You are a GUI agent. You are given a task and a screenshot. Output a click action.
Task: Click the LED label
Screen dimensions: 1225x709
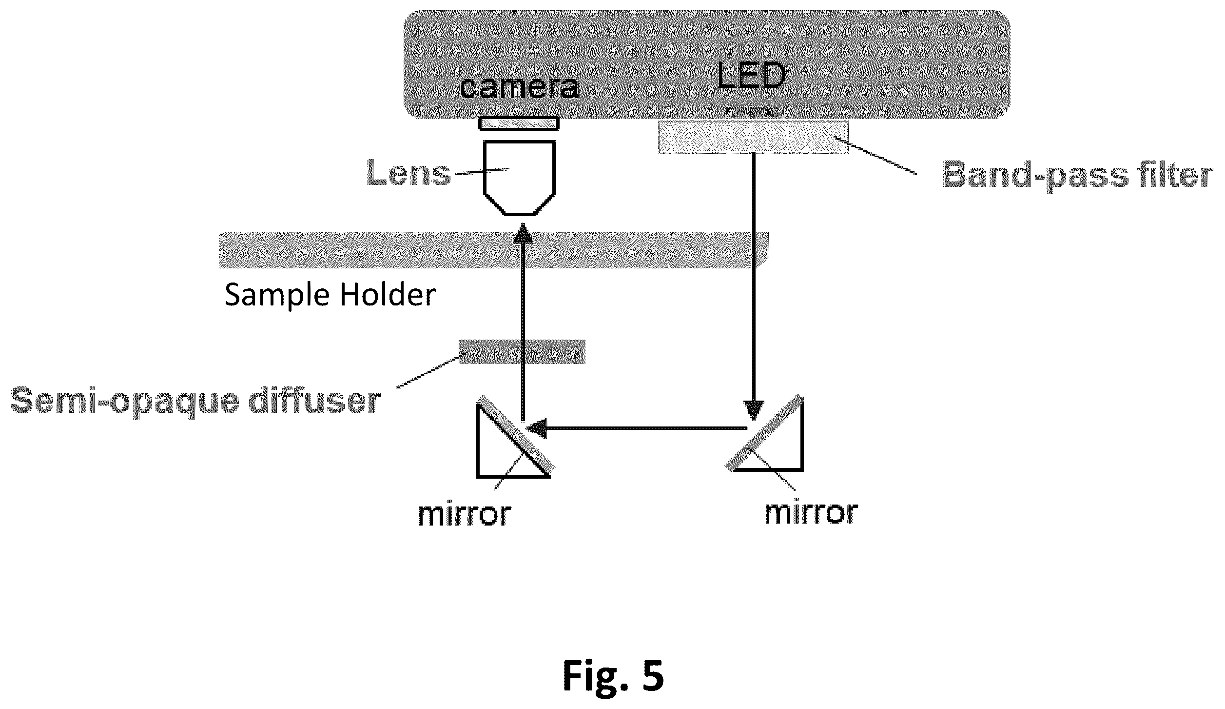751,76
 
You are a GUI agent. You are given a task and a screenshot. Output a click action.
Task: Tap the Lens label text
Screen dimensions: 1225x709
409,173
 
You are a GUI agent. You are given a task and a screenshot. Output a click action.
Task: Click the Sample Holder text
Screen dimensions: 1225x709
330,295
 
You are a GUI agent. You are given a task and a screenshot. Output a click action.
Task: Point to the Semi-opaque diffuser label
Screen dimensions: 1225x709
195,401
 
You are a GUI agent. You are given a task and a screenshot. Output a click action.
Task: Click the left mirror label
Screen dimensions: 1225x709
465,514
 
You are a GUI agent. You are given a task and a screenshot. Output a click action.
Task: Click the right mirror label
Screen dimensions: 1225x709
811,513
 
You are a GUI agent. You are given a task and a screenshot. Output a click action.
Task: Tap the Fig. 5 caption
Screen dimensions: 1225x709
613,676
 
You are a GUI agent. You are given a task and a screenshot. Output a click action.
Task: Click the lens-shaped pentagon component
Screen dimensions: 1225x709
520,178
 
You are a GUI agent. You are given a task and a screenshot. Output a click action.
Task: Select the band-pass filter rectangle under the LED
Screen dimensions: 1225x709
753,137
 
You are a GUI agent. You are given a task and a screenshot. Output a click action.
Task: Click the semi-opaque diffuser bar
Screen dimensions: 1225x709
522,352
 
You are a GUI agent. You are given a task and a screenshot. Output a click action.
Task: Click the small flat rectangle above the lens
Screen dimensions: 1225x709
519,123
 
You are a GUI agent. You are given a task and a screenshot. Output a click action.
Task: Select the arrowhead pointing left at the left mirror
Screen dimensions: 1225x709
535,428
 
